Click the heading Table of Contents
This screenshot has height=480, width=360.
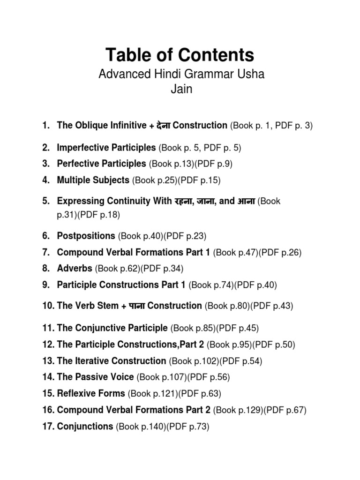point(180,56)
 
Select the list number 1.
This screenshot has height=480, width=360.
point(45,125)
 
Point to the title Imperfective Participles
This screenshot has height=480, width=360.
point(106,148)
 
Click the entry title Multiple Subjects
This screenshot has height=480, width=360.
point(93,180)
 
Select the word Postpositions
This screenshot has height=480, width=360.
point(86,236)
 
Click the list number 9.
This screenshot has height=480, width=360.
point(45,285)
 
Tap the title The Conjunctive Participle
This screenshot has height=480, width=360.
point(112,328)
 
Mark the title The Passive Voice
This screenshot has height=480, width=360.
point(95,377)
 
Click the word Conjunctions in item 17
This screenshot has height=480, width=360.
point(85,427)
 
